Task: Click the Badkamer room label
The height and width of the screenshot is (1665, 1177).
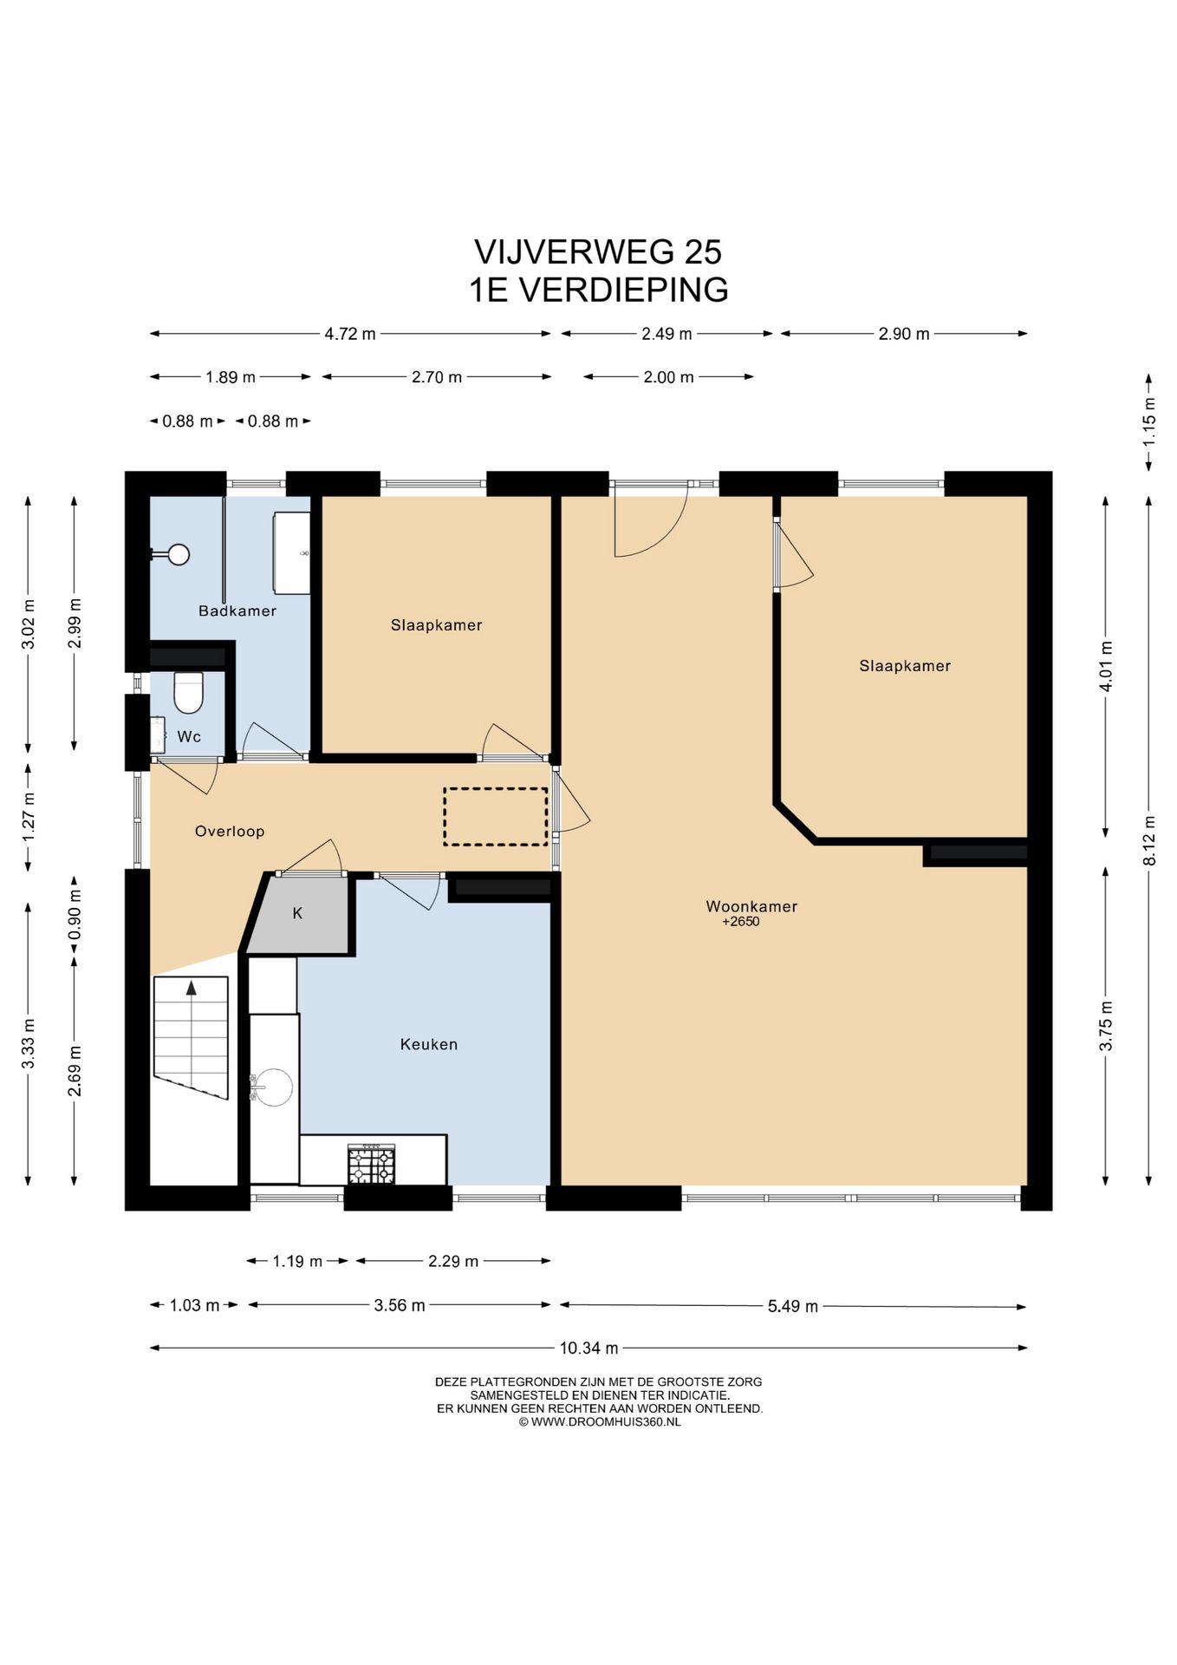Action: coord(237,610)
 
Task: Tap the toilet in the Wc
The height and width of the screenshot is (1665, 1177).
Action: coord(188,691)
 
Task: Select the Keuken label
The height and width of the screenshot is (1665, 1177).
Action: coord(428,1044)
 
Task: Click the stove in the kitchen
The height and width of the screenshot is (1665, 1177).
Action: coord(371,1164)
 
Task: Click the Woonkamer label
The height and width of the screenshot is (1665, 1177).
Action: coord(751,906)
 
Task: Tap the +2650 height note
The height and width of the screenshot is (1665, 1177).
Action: coord(740,922)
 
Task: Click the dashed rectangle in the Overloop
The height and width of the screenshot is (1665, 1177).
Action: coord(496,816)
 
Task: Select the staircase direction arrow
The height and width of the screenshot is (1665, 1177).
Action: coord(191,987)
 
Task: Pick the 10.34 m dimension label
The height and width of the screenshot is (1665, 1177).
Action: coord(588,1348)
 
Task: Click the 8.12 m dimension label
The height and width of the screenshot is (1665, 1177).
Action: coord(1149,840)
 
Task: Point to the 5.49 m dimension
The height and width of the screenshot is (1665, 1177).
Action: coord(793,1306)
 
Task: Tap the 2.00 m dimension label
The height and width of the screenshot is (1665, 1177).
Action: coord(668,376)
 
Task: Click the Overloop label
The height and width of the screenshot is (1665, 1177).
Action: coord(229,831)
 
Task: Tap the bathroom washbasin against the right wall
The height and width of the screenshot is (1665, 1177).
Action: coord(292,553)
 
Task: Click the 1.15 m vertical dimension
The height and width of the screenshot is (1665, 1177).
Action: coord(1149,422)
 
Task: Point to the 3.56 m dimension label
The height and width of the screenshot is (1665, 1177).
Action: coord(400,1305)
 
